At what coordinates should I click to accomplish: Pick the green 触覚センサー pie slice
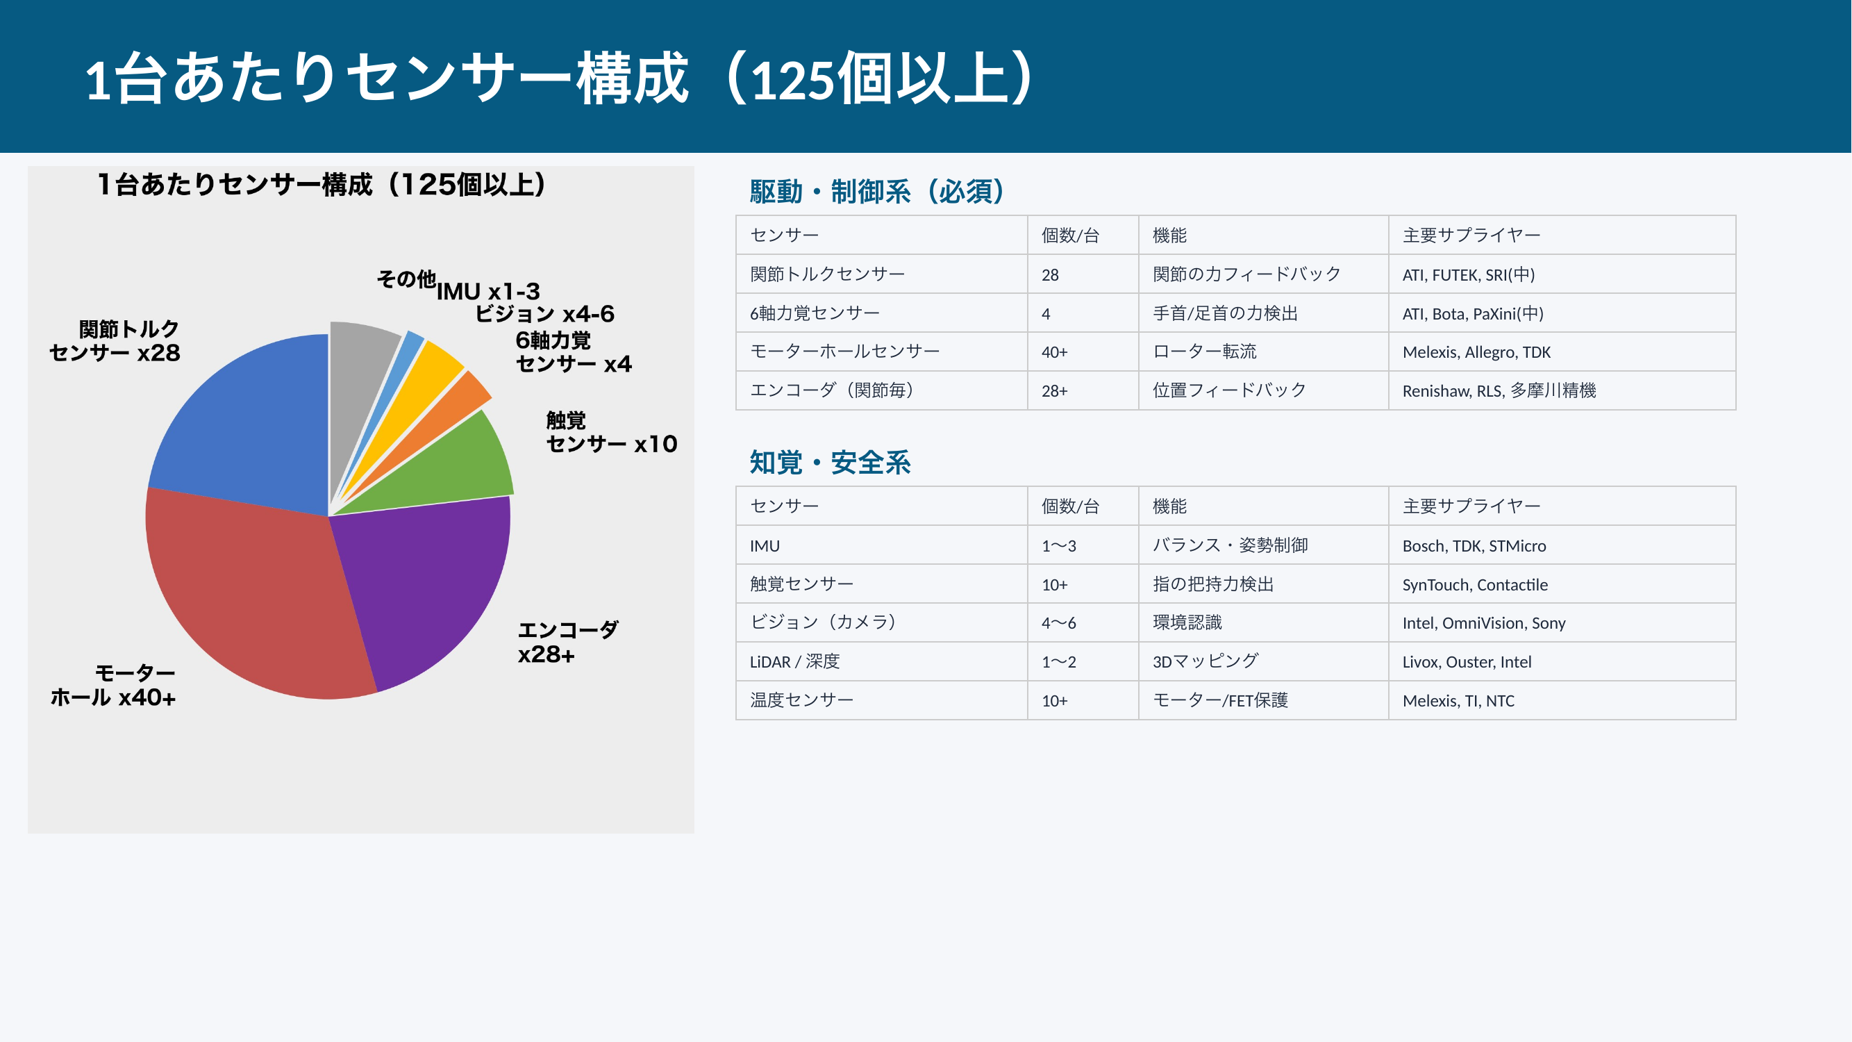click(x=460, y=468)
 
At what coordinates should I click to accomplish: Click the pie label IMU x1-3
click(x=488, y=292)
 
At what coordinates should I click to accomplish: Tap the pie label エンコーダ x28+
click(x=567, y=642)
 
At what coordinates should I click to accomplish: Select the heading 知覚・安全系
click(x=830, y=463)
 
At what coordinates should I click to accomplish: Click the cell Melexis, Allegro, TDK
click(x=1476, y=352)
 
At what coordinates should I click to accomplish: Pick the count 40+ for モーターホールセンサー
click(x=1054, y=352)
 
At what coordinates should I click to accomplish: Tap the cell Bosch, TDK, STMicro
click(x=1474, y=546)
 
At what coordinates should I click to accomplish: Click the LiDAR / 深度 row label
click(x=794, y=661)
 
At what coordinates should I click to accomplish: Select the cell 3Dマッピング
click(x=1205, y=661)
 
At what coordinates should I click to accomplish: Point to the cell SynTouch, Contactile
click(x=1474, y=585)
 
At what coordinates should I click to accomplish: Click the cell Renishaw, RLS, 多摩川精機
click(x=1499, y=391)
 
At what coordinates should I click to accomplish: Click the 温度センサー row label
click(x=801, y=700)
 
